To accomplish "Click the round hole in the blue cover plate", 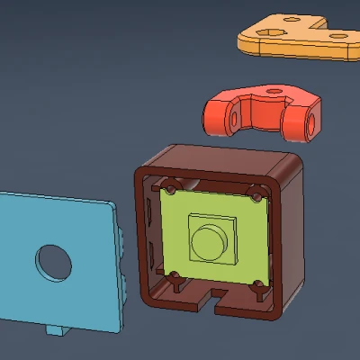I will pos(54,261).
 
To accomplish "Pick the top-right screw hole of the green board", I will pos(258,194).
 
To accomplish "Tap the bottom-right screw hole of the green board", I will pos(257,287).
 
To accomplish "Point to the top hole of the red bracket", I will pos(269,90).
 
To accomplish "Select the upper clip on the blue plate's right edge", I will pos(121,238).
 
